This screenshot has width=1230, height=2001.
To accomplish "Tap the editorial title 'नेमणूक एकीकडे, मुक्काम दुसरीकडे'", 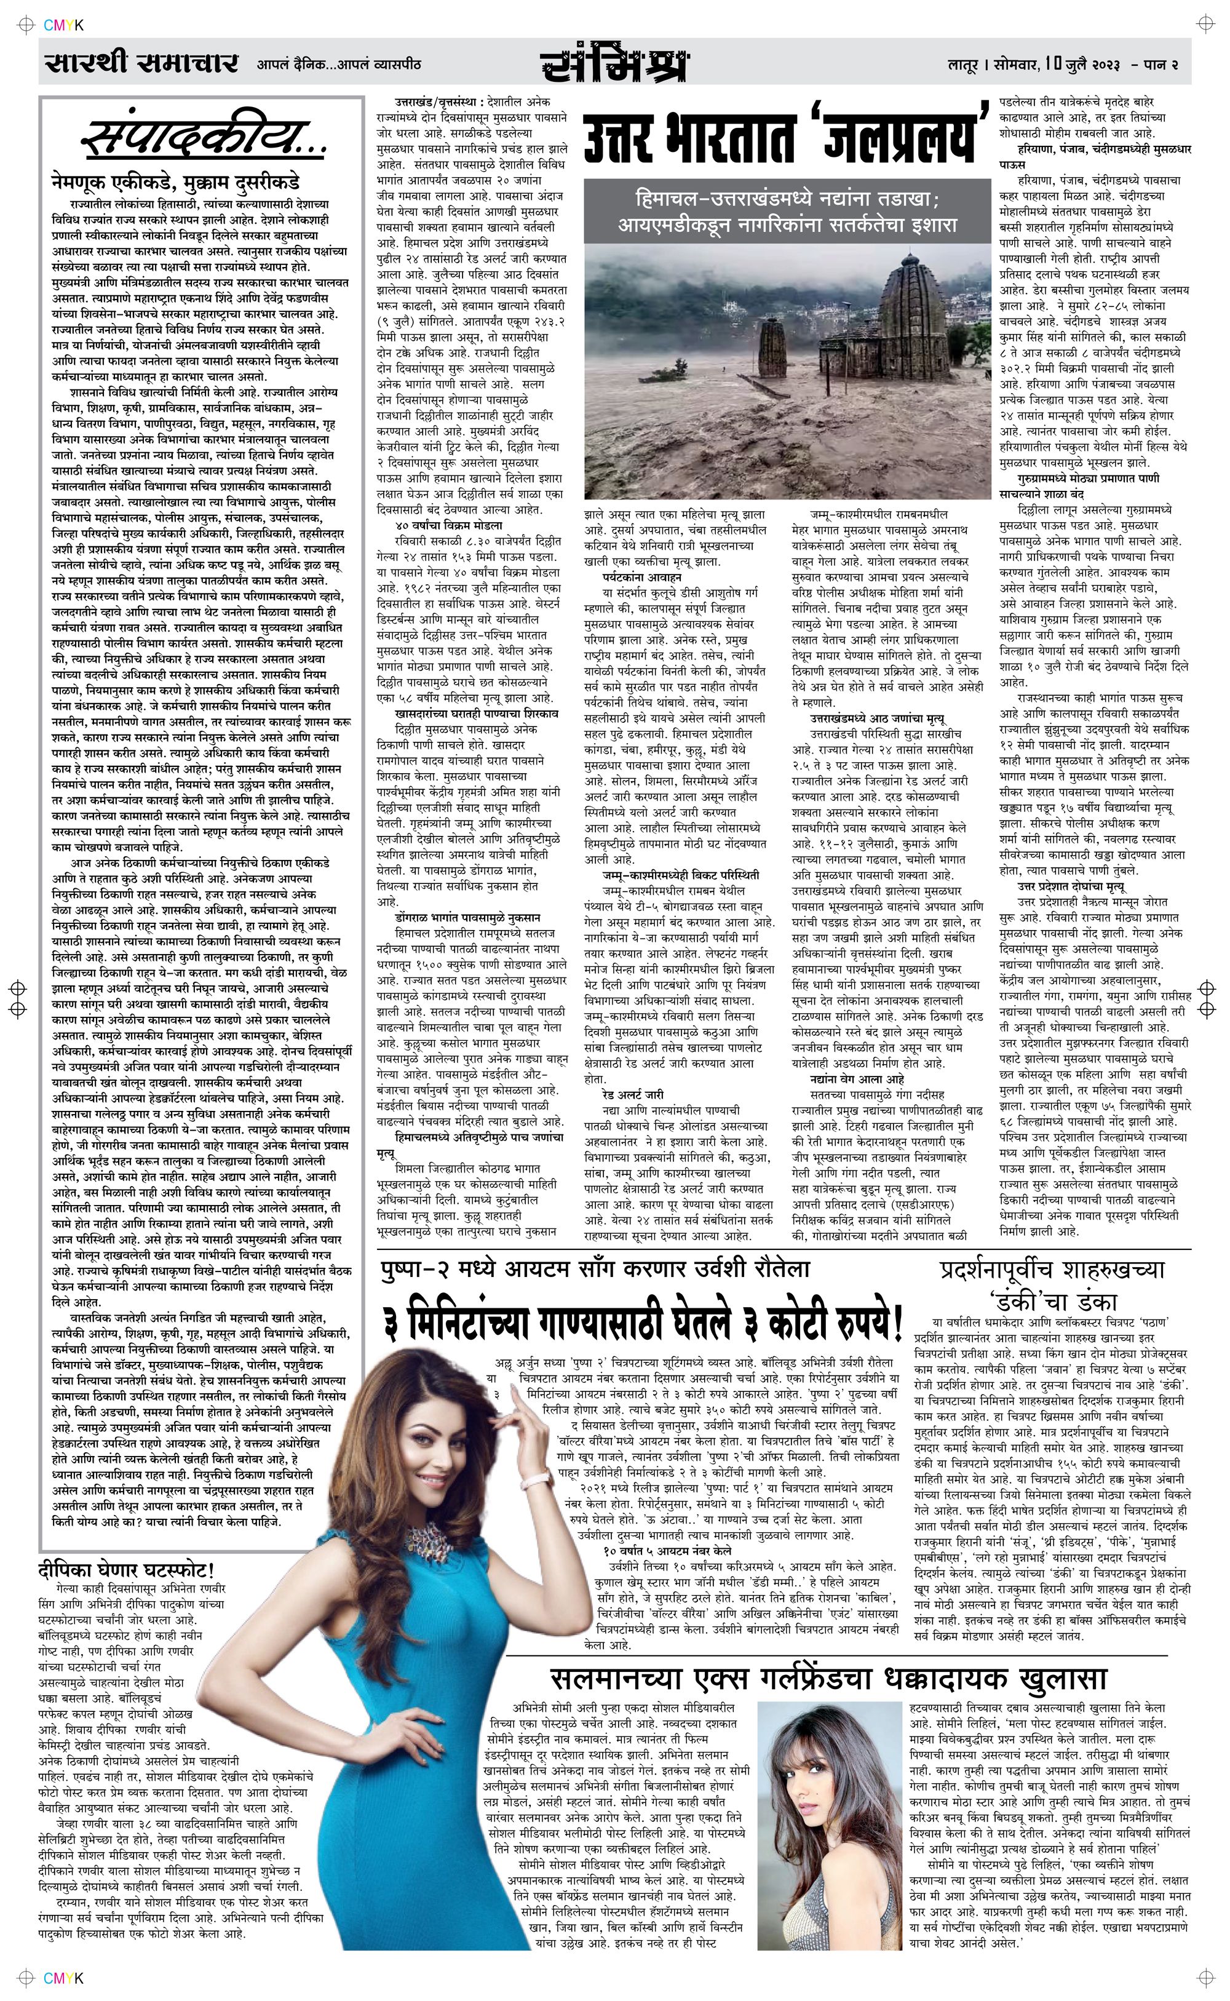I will tap(175, 180).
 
